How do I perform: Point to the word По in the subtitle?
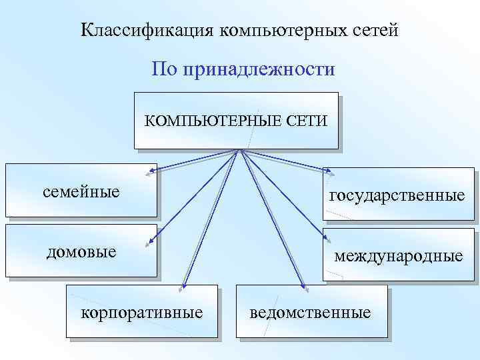coord(165,69)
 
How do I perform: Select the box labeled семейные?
coord(81,191)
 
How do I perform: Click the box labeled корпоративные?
coord(142,311)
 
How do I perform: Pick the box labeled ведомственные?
coord(311,311)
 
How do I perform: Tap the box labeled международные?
coord(398,255)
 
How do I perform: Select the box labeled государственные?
coord(398,195)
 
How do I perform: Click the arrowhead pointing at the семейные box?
coord(153,173)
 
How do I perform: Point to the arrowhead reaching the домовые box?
coord(153,243)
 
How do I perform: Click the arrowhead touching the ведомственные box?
coord(303,288)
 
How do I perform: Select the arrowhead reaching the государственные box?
coord(326,175)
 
